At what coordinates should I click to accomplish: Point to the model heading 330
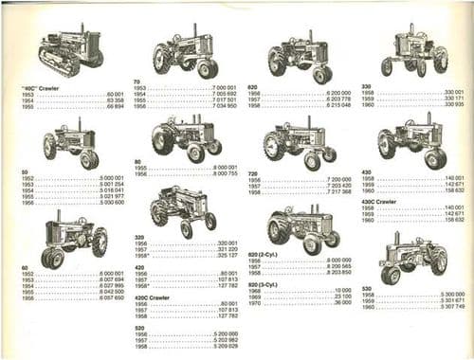(366, 85)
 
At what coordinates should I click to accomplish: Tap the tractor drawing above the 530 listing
(410, 256)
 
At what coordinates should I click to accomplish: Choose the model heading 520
(140, 328)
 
